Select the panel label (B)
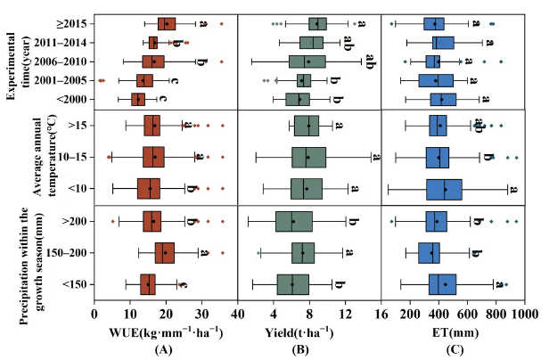[309, 351]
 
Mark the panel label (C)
[455, 351]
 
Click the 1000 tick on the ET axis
[521, 315]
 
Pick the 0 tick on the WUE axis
[94, 315]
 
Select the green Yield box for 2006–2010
[307, 61]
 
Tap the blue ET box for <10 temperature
[445, 189]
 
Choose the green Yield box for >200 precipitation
[294, 221]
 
